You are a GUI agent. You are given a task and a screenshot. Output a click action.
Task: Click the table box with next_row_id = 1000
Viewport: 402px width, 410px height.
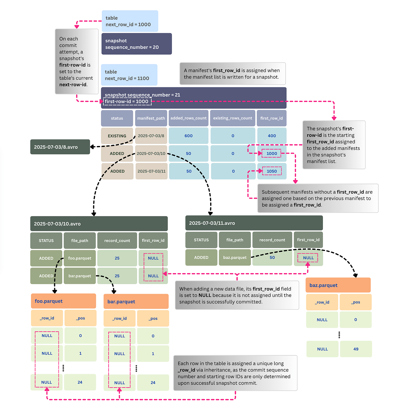click(x=130, y=21)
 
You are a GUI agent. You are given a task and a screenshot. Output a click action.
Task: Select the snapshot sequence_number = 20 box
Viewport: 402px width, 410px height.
click(x=136, y=44)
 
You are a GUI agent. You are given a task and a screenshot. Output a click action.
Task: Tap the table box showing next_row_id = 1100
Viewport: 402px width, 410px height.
click(x=129, y=75)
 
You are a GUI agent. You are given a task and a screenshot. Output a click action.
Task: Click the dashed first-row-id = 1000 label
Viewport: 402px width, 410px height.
click(x=127, y=101)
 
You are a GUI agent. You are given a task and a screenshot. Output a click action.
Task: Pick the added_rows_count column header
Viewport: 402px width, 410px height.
click(x=188, y=118)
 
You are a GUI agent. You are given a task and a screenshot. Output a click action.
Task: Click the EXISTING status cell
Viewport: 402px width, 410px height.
click(x=117, y=136)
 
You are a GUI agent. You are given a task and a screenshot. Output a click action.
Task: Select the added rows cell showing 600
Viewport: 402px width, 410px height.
click(x=188, y=136)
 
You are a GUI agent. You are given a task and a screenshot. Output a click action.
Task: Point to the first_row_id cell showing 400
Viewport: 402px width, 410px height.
click(x=271, y=136)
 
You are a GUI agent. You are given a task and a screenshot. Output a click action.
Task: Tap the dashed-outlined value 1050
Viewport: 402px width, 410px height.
click(x=271, y=171)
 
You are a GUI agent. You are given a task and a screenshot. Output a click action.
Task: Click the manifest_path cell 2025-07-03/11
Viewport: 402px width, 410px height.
click(x=151, y=171)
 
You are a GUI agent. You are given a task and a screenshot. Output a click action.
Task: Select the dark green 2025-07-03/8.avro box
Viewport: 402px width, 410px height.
click(x=60, y=147)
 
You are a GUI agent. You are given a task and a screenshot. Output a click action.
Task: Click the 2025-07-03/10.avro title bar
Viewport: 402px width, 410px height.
click(x=99, y=224)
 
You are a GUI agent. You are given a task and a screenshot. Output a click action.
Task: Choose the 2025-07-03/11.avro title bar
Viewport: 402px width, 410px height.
click(x=254, y=223)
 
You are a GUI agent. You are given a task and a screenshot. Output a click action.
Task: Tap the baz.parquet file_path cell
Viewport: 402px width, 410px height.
click(x=235, y=257)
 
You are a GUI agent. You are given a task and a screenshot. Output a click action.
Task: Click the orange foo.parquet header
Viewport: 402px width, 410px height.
click(x=63, y=301)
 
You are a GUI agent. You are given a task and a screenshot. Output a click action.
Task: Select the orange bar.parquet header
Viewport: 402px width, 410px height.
click(x=136, y=302)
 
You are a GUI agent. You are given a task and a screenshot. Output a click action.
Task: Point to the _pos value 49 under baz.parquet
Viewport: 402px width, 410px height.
click(x=356, y=349)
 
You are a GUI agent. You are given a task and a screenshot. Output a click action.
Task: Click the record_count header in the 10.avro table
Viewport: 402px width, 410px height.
click(x=117, y=241)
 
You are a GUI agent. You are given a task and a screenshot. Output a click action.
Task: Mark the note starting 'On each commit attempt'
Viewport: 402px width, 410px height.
click(x=77, y=61)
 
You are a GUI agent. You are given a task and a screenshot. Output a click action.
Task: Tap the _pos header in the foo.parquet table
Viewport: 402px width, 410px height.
click(x=80, y=318)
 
